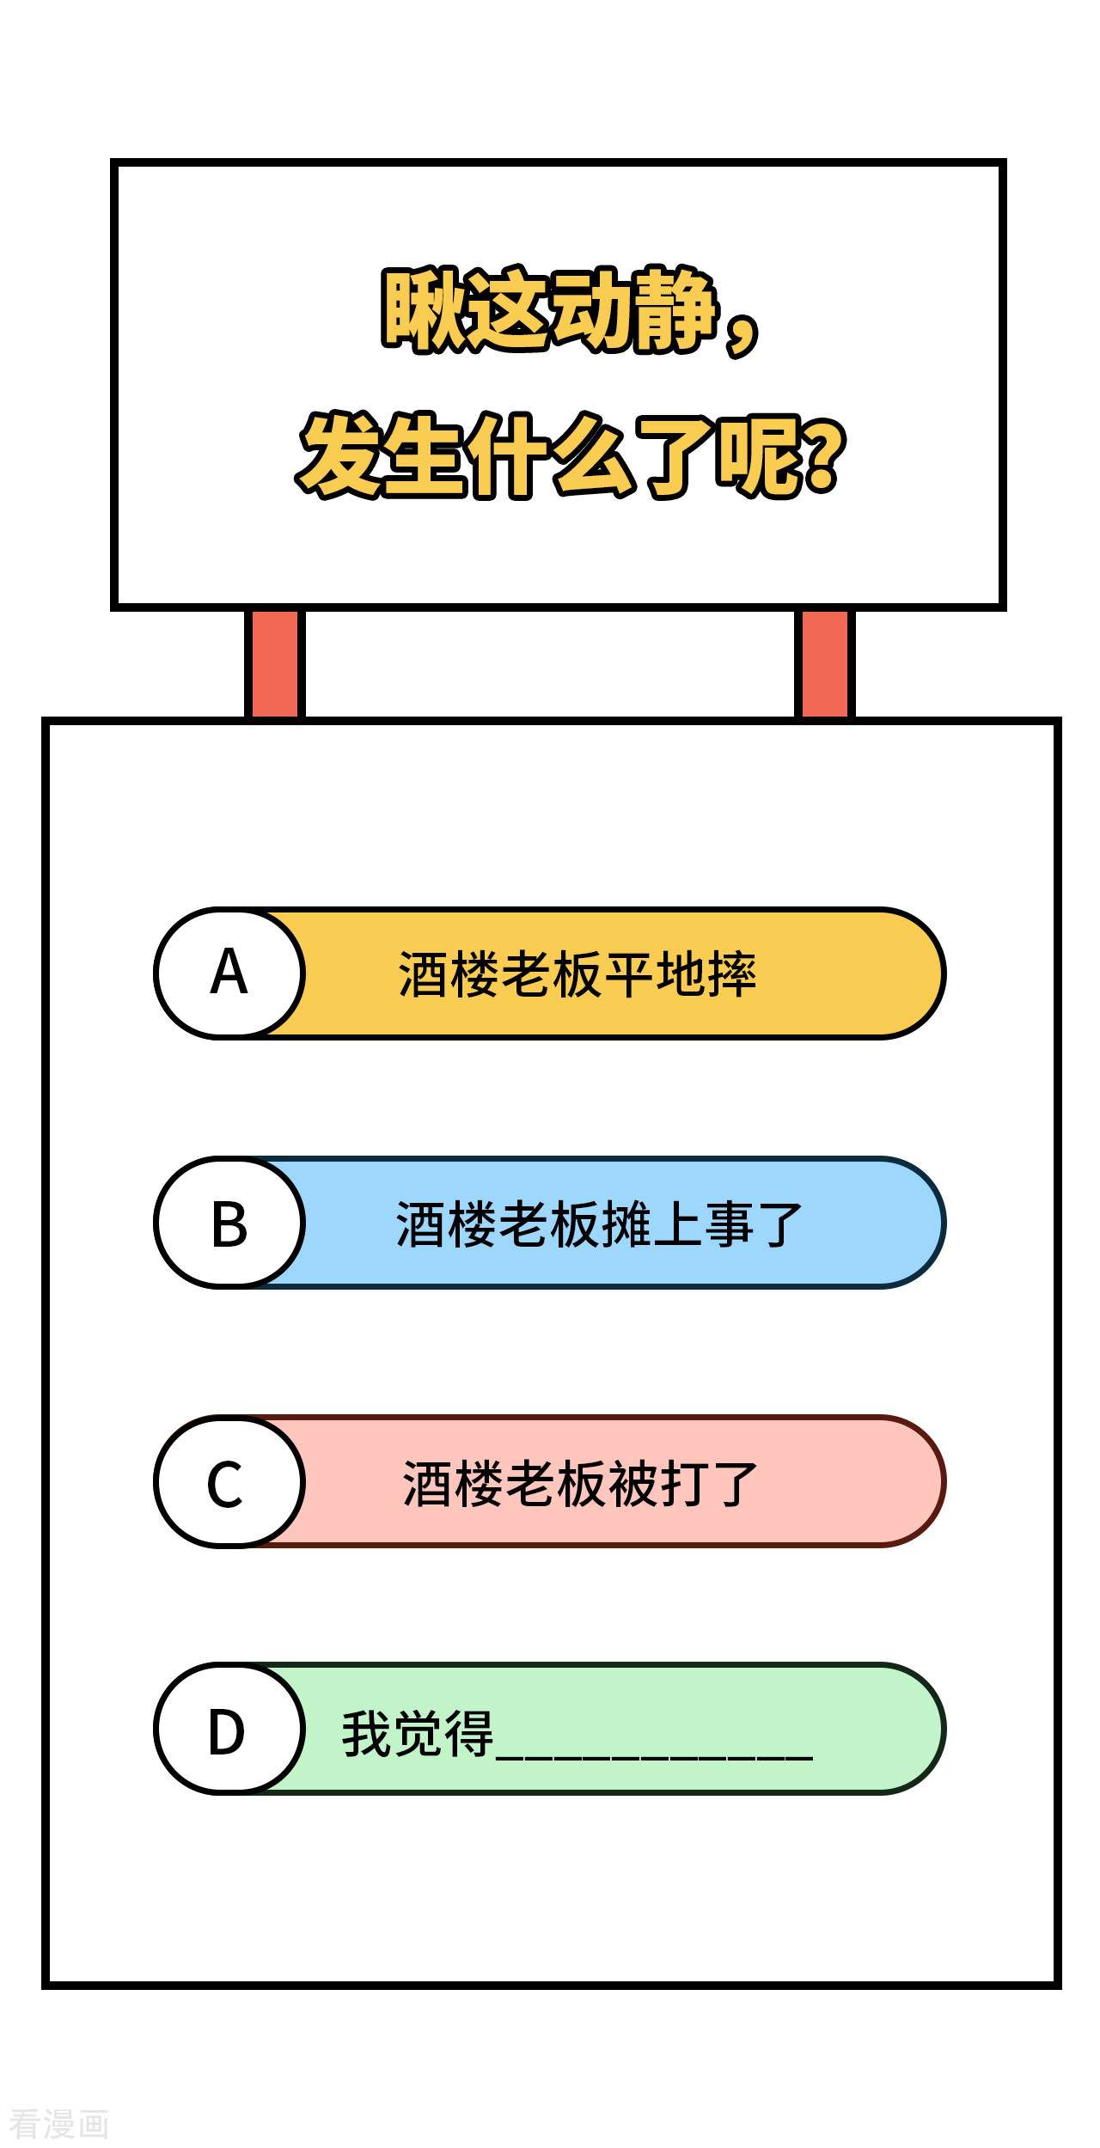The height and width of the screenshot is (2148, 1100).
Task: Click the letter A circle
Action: tap(229, 973)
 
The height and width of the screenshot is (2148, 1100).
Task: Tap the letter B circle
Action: tap(229, 1223)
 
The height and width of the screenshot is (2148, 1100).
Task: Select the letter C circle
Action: tap(229, 1481)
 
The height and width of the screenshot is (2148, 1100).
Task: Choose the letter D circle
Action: tap(229, 1729)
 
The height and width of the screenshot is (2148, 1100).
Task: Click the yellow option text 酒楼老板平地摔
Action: tap(577, 974)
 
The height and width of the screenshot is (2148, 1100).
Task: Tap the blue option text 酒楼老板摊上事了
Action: tap(599, 1224)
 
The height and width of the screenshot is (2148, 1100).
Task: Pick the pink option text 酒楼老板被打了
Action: tap(580, 1484)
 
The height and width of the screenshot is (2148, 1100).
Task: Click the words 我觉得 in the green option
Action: tap(418, 1733)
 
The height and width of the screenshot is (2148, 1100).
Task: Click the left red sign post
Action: tap(275, 663)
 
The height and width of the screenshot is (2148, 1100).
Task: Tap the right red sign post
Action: tap(825, 663)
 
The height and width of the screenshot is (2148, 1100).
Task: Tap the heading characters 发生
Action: tap(382, 455)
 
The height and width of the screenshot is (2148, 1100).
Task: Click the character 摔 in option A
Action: tap(732, 974)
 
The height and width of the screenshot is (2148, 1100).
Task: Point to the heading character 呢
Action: tap(761, 455)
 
